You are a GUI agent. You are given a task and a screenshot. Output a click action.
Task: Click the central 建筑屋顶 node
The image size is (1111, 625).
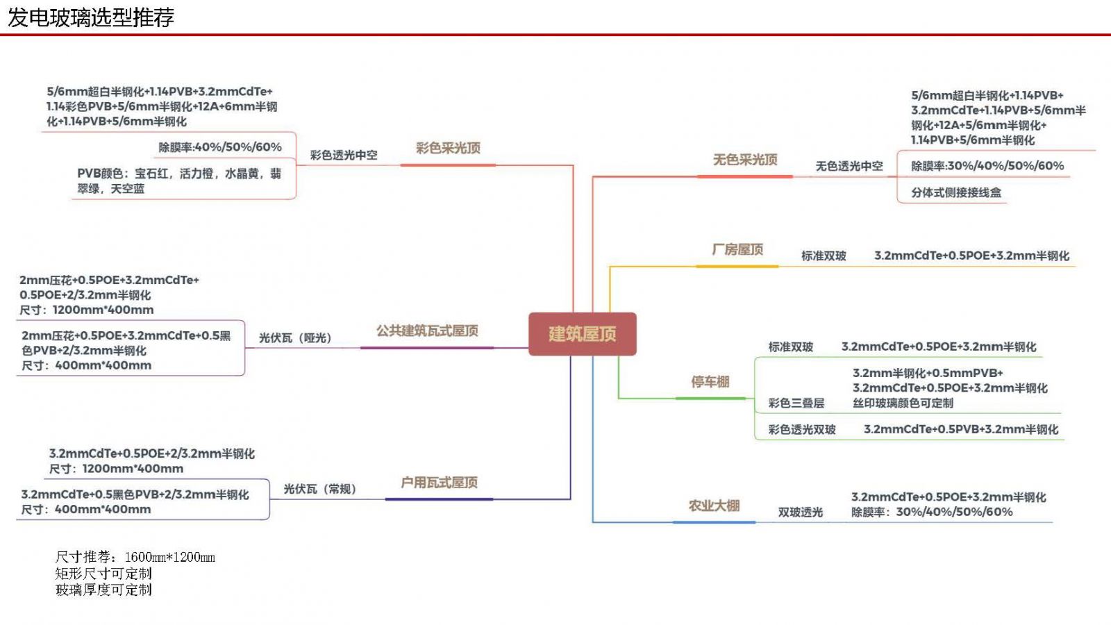(582, 334)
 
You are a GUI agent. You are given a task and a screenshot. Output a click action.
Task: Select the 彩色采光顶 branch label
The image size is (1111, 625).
(448, 148)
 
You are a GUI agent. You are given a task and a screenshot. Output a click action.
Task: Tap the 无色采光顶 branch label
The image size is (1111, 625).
(744, 160)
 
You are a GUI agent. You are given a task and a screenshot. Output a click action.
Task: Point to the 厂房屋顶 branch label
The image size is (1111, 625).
(737, 249)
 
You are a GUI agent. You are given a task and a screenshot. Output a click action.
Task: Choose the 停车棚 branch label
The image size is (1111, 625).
(710, 381)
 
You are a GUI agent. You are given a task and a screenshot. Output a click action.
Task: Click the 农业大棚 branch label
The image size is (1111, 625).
(714, 506)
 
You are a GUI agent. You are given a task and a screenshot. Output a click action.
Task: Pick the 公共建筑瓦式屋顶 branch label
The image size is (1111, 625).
(427, 331)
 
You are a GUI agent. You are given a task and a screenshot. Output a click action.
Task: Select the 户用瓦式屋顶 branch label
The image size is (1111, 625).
(439, 482)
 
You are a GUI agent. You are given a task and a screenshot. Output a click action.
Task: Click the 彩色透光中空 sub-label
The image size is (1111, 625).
(344, 155)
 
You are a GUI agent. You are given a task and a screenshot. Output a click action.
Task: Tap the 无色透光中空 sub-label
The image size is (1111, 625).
(849, 166)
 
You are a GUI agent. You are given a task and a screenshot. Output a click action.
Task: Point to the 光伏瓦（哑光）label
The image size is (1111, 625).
(295, 338)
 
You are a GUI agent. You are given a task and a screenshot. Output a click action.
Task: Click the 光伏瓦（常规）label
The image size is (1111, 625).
(319, 489)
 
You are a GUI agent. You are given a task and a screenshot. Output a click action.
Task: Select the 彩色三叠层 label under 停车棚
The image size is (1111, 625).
(796, 403)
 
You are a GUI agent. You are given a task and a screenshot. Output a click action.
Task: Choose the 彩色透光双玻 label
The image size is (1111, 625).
(801, 430)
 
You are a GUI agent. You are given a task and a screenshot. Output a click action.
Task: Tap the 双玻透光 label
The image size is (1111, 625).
(800, 512)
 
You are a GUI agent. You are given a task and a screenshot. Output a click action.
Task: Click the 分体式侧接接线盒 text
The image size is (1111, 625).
(956, 192)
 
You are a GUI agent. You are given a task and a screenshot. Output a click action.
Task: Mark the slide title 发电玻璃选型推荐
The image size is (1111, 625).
(91, 17)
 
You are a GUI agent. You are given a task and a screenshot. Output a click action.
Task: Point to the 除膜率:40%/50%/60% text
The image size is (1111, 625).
(220, 147)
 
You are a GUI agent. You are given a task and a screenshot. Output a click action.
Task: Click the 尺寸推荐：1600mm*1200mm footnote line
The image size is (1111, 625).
(135, 557)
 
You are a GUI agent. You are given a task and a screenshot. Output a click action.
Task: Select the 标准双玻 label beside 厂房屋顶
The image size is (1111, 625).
(824, 256)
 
